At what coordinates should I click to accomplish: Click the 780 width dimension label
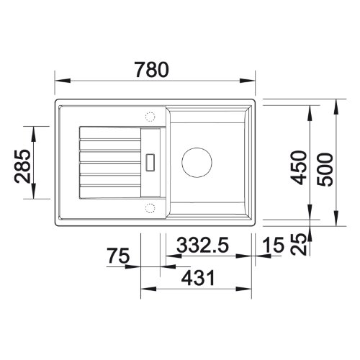152,70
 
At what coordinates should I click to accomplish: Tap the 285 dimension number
23,166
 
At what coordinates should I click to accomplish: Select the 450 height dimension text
298,168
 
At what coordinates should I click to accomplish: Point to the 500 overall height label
325,170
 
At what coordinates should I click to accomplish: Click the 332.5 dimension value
202,245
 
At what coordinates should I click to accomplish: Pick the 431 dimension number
198,278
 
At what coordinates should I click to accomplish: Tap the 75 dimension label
118,256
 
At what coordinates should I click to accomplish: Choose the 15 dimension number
274,245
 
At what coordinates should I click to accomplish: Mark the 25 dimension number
298,244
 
